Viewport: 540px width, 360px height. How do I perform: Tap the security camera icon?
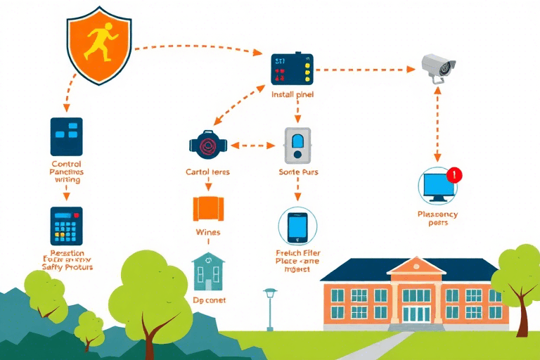[x=439, y=67]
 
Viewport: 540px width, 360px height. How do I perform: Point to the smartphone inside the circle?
[x=297, y=226]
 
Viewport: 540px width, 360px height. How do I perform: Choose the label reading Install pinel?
[x=292, y=94]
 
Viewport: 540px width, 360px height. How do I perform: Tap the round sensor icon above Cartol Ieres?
[x=207, y=145]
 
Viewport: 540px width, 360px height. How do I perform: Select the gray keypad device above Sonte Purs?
[x=297, y=146]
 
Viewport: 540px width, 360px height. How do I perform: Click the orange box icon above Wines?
[x=207, y=208]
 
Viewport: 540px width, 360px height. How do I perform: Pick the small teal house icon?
[x=209, y=271]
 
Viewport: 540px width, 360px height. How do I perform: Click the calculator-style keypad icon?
[x=66, y=226]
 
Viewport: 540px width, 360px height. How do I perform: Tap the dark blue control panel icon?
[x=66, y=136]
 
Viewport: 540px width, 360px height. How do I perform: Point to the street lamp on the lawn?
[x=270, y=307]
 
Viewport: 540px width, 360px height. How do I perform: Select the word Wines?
[x=207, y=232]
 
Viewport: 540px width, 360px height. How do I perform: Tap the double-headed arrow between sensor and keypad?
[x=253, y=146]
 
